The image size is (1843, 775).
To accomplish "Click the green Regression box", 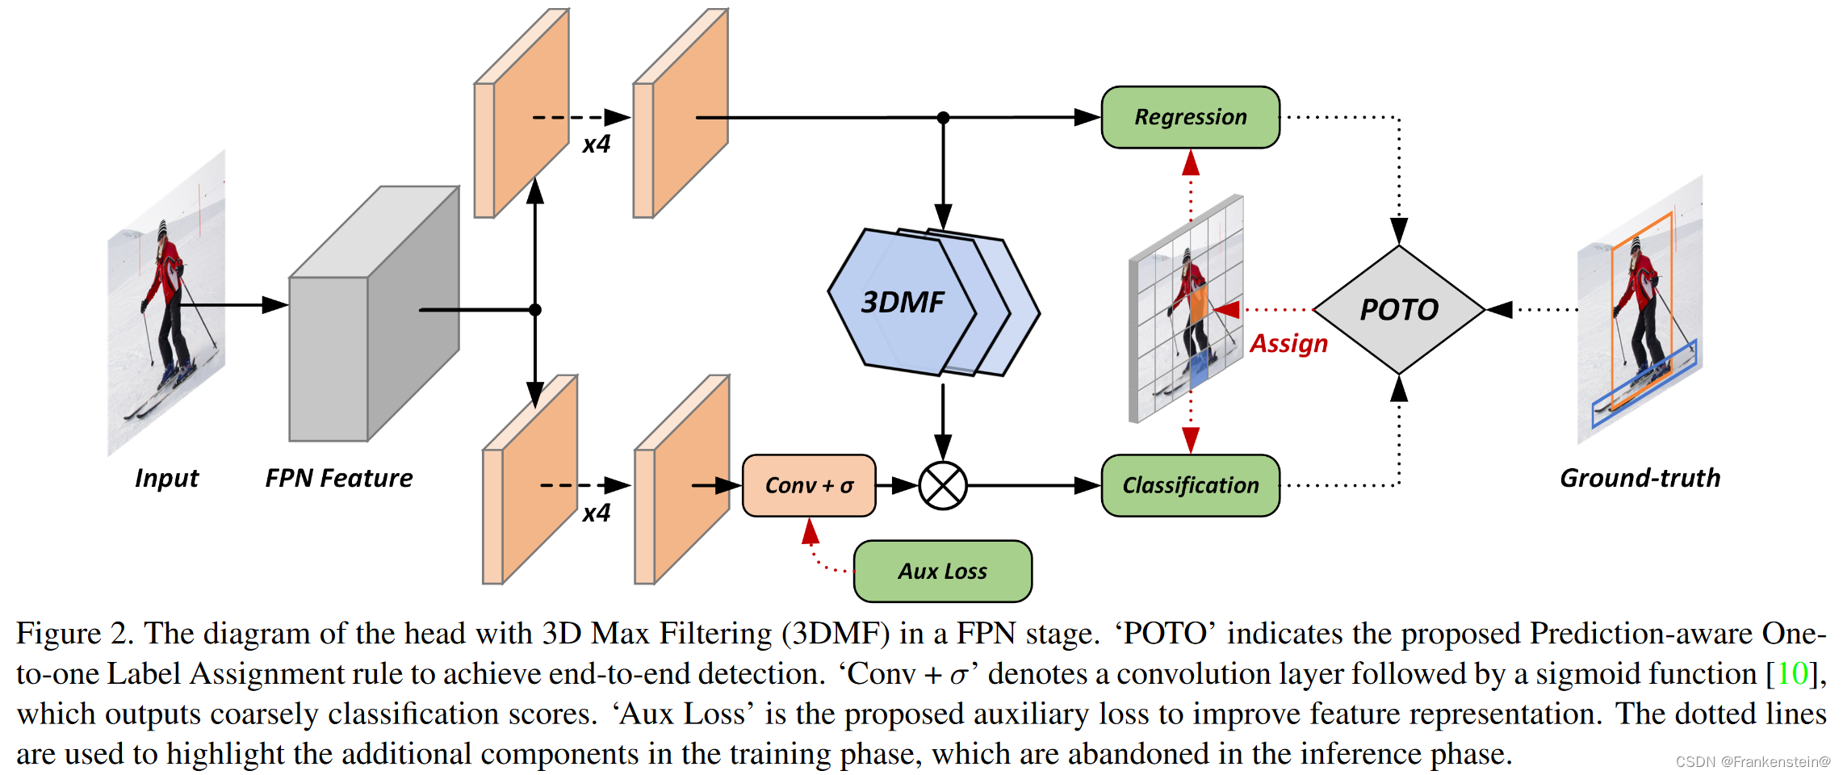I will tap(1190, 117).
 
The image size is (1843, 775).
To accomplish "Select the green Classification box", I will tap(1190, 485).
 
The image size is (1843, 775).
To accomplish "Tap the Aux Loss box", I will tap(942, 572).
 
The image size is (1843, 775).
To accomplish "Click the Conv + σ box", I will tap(809, 485).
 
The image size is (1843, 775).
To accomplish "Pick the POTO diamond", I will tap(1399, 309).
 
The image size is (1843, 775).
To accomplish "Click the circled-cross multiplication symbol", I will tap(943, 486).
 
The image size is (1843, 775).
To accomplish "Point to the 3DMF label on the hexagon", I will tap(902, 303).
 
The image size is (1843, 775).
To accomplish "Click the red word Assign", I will tap(1288, 343).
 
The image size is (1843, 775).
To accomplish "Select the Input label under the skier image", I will tap(166, 478).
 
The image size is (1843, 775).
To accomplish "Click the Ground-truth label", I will tap(1640, 478).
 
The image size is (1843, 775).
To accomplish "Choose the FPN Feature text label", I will tap(339, 478).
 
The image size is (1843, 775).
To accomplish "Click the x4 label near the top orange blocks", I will tap(597, 145).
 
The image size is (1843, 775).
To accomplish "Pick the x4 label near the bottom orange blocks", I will tap(597, 513).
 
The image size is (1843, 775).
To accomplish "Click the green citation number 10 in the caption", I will tap(1791, 674).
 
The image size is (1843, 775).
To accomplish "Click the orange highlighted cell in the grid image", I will tap(1199, 305).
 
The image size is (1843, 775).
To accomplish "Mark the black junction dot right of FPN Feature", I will tap(534, 309).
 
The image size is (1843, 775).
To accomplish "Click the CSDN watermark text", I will tap(1753, 761).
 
